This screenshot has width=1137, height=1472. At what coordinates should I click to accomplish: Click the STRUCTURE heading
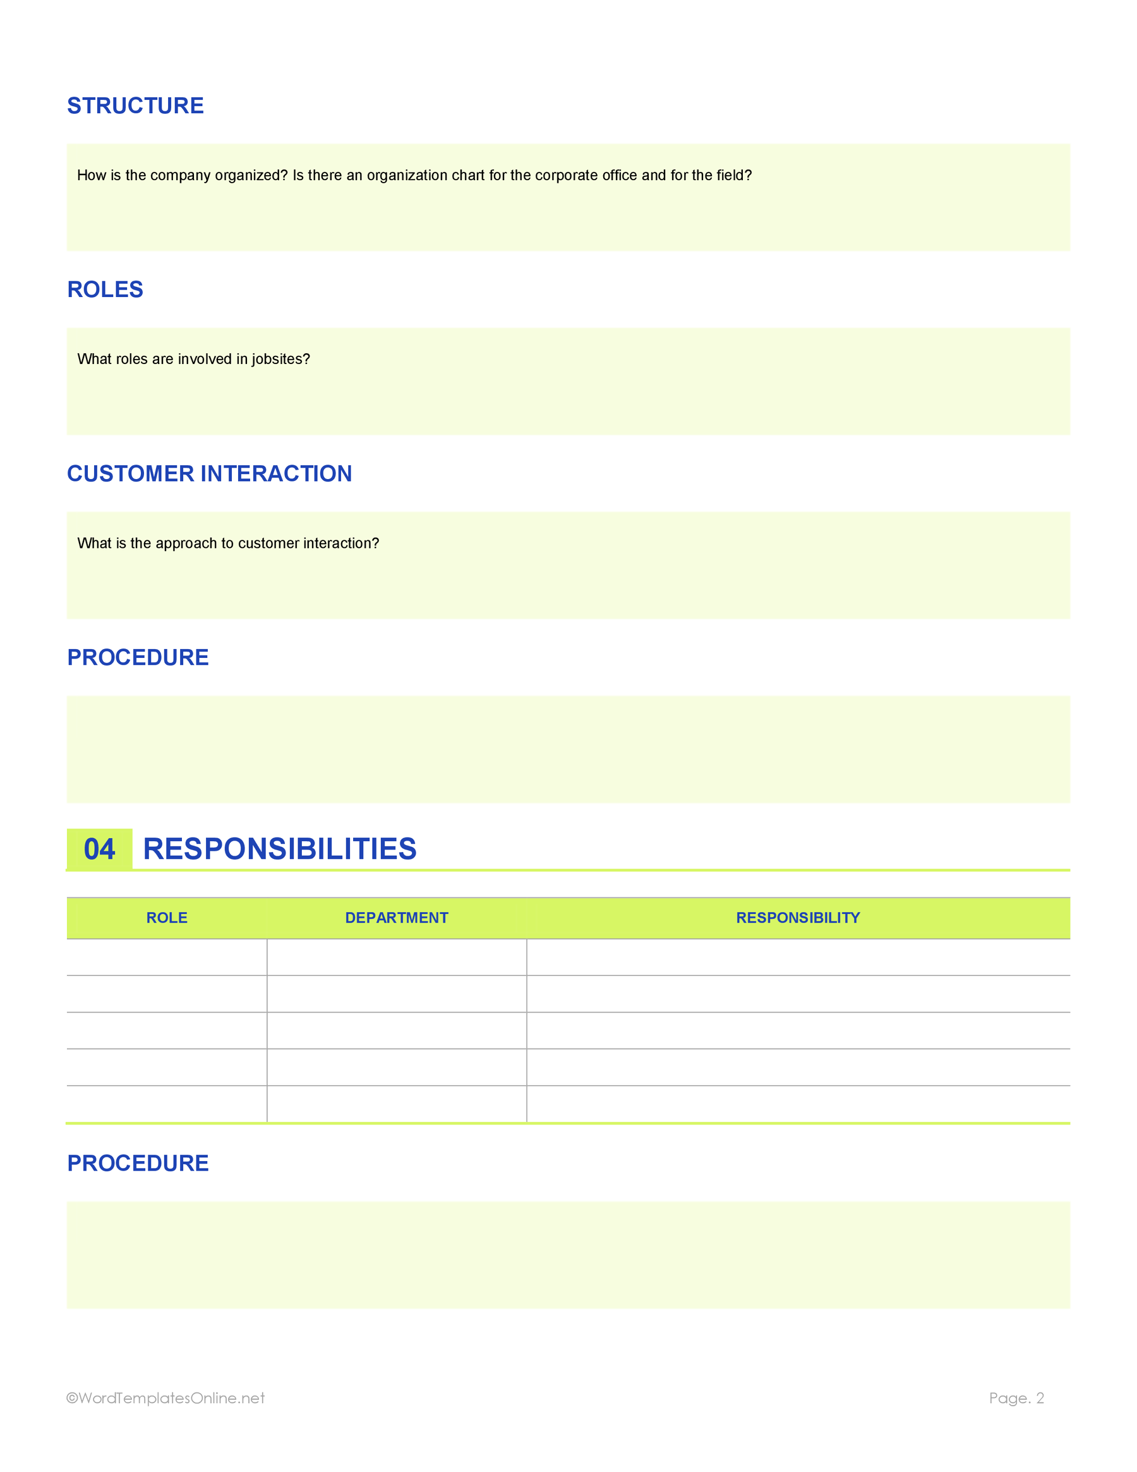point(135,106)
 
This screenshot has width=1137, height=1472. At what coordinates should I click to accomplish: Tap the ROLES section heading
point(105,290)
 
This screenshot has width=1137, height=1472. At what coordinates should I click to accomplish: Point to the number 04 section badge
point(99,849)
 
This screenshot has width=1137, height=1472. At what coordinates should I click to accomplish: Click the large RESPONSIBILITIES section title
point(280,849)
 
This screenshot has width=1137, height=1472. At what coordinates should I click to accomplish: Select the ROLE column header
point(166,918)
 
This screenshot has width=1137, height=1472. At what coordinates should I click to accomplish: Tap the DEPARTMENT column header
point(396,918)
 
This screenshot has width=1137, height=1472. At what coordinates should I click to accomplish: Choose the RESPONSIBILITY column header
point(798,918)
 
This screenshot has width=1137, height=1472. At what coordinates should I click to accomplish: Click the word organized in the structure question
point(251,176)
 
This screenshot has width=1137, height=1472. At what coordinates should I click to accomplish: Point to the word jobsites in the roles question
point(280,359)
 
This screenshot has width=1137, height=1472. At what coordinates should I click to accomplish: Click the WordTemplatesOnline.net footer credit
point(165,1398)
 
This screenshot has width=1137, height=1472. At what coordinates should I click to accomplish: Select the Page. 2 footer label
point(1016,1398)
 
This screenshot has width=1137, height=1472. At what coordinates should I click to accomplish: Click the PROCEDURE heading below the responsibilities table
point(138,1164)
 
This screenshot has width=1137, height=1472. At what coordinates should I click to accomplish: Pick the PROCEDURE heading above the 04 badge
point(138,658)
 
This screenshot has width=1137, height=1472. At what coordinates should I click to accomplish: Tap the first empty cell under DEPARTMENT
point(396,958)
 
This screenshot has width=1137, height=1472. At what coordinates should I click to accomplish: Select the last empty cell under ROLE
point(166,1104)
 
